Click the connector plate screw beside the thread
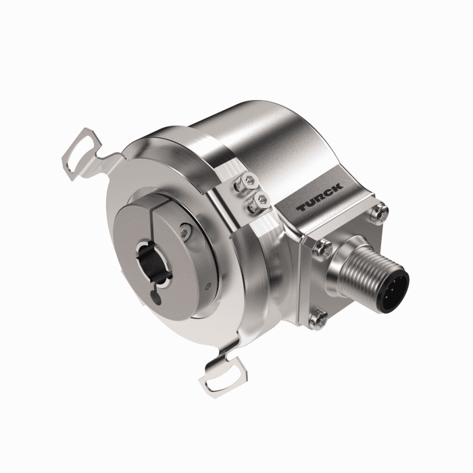[323, 248]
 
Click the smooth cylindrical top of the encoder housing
[270, 145]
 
